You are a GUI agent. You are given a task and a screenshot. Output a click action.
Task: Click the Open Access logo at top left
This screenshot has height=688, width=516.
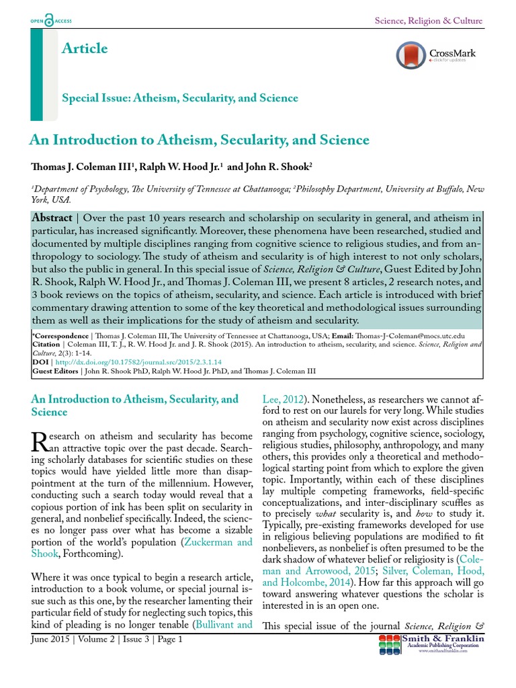click(x=51, y=21)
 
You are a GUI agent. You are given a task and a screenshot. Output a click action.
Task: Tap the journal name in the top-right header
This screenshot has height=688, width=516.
click(x=428, y=21)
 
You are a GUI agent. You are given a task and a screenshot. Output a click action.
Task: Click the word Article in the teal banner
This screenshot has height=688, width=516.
click(x=84, y=48)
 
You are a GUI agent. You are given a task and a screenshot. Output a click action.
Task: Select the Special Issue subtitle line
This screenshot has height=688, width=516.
click(x=180, y=98)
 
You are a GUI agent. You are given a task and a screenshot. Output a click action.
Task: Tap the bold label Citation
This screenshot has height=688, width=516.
click(x=46, y=343)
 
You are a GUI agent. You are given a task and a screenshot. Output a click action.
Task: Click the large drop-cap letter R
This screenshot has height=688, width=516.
click(x=40, y=441)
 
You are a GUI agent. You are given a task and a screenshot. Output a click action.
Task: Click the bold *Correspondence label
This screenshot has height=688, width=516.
click(x=59, y=335)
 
